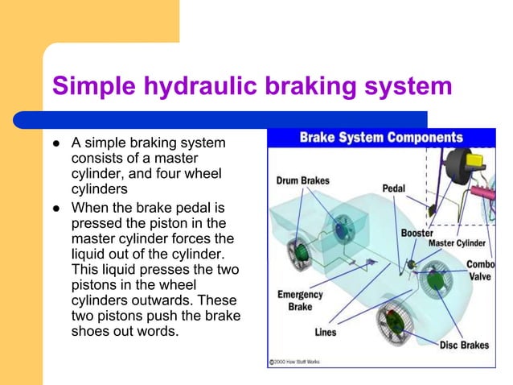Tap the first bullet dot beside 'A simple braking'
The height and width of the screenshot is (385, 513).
coord(57,144)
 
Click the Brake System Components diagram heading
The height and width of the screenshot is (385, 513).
coord(381,137)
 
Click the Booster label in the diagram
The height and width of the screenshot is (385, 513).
coord(417,233)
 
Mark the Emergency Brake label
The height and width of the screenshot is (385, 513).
coord(300,300)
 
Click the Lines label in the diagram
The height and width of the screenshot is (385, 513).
coord(326,332)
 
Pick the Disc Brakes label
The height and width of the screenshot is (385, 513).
coord(463,345)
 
